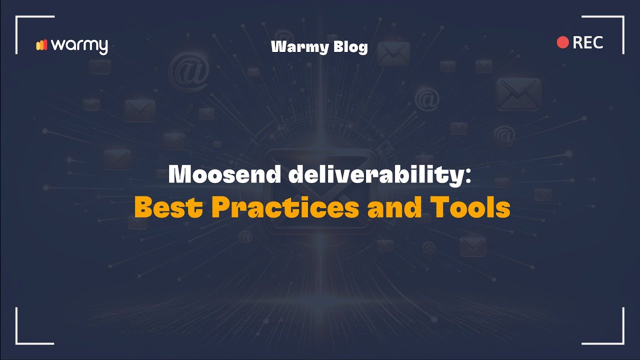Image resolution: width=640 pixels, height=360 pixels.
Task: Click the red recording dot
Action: click(x=563, y=42)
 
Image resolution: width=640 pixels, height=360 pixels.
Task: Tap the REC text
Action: click(x=588, y=42)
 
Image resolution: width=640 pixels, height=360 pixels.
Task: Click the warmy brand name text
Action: click(x=79, y=45)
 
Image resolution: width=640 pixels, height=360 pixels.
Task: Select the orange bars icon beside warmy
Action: click(x=41, y=45)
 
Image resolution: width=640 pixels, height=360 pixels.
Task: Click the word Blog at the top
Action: click(x=349, y=47)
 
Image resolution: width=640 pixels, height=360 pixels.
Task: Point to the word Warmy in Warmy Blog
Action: click(x=300, y=47)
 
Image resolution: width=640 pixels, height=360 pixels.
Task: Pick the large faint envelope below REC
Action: click(x=519, y=94)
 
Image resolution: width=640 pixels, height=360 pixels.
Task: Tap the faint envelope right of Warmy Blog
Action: click(x=393, y=53)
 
